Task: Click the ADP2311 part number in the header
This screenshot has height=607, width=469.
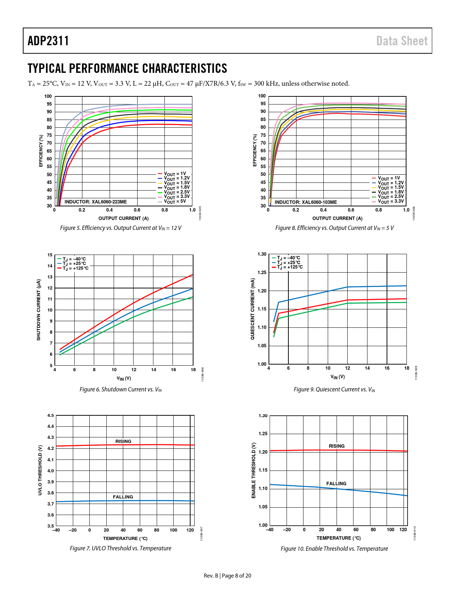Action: tap(48, 41)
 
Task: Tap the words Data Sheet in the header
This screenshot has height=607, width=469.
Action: tap(402, 41)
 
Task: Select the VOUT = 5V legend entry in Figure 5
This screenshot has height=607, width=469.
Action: tap(174, 202)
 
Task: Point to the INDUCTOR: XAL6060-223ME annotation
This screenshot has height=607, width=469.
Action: tap(96, 202)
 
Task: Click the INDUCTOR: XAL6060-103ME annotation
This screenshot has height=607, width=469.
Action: tap(306, 202)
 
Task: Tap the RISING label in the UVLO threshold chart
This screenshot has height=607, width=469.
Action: tap(123, 441)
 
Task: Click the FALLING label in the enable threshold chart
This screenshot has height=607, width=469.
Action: tap(336, 484)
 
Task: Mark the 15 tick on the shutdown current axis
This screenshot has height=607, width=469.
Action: tap(50, 255)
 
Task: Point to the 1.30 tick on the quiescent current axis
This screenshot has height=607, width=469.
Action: tap(262, 254)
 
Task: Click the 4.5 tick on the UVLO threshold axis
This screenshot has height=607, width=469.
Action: tap(51, 416)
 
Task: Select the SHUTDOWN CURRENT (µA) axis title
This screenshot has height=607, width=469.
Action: tap(39, 310)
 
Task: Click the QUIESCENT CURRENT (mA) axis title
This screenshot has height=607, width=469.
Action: tap(253, 309)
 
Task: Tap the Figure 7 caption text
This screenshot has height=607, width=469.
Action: tap(121, 548)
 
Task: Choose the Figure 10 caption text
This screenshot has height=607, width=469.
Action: tap(334, 549)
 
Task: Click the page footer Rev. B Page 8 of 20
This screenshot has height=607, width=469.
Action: tap(227, 576)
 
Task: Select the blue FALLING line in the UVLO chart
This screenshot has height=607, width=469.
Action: tap(92, 501)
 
